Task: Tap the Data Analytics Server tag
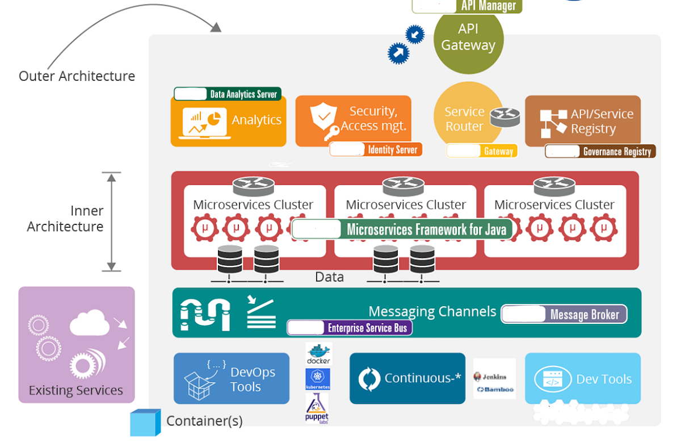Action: click(x=228, y=94)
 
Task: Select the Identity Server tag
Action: click(x=376, y=149)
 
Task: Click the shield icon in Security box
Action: click(x=323, y=117)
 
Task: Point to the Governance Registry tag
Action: click(x=600, y=151)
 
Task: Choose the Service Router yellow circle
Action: click(x=465, y=119)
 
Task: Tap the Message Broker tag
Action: click(x=564, y=314)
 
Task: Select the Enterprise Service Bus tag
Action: click(x=349, y=328)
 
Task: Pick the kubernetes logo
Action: click(x=318, y=379)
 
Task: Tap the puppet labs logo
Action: click(x=317, y=408)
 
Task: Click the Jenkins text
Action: click(x=494, y=377)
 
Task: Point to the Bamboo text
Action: click(x=495, y=390)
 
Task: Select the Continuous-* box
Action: click(x=407, y=378)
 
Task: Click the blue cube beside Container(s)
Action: click(x=145, y=423)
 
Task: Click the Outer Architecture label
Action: click(x=77, y=76)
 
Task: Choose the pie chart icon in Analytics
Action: click(x=213, y=119)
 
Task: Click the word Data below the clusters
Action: click(x=329, y=277)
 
